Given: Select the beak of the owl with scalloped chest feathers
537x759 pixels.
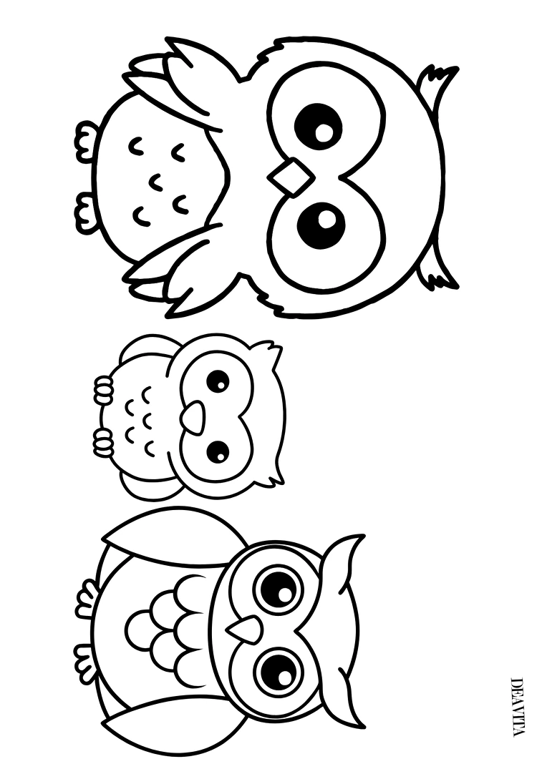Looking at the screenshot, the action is coord(244,627).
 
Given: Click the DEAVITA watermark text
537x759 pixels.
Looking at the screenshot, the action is coord(517,711).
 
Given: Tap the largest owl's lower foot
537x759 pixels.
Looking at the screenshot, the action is coord(85,212).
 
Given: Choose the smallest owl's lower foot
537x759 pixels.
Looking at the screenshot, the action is coord(104,441).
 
